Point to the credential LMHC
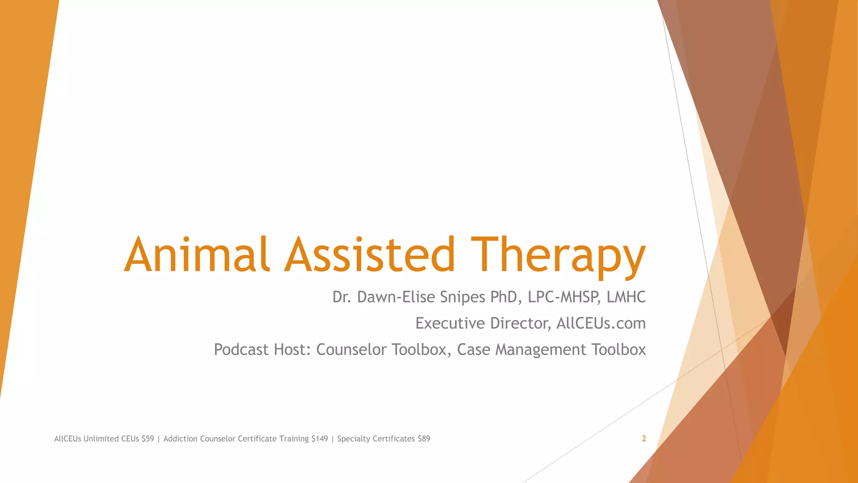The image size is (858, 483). click(626, 297)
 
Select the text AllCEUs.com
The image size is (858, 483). click(601, 323)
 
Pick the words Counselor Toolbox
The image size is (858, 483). click(383, 350)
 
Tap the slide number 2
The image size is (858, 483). click(644, 439)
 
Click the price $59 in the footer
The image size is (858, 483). click(148, 439)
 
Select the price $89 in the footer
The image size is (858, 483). click(424, 439)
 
